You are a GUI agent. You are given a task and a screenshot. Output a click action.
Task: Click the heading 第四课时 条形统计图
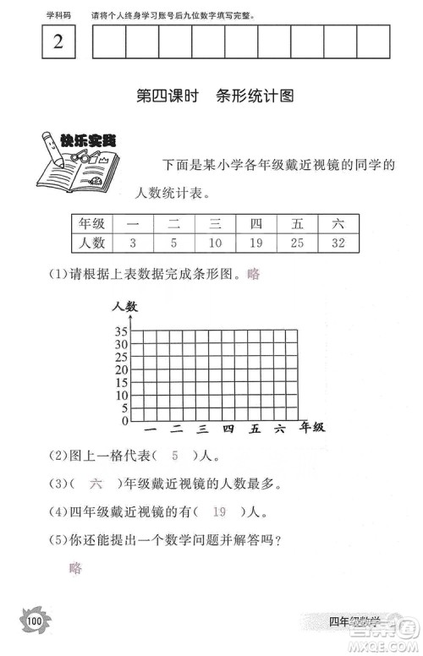click(215, 96)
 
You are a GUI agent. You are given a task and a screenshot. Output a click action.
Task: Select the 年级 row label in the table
click(91, 224)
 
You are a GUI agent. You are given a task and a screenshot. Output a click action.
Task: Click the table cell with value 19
click(256, 243)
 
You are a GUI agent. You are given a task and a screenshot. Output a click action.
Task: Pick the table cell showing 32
click(338, 243)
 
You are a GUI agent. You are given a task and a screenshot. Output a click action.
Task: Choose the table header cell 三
click(215, 224)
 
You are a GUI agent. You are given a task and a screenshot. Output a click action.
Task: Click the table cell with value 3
click(133, 243)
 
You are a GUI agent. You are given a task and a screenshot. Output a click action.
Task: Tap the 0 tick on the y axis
click(124, 420)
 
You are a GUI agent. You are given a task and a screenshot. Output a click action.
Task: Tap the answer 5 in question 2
click(175, 456)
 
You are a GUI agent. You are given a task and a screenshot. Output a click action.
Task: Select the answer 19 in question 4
click(219, 511)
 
